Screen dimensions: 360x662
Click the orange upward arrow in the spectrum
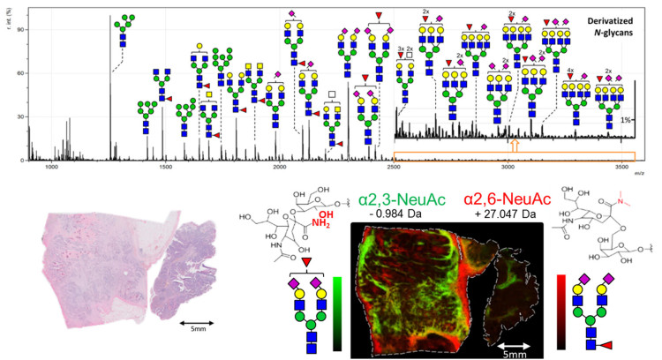point(515,144)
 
